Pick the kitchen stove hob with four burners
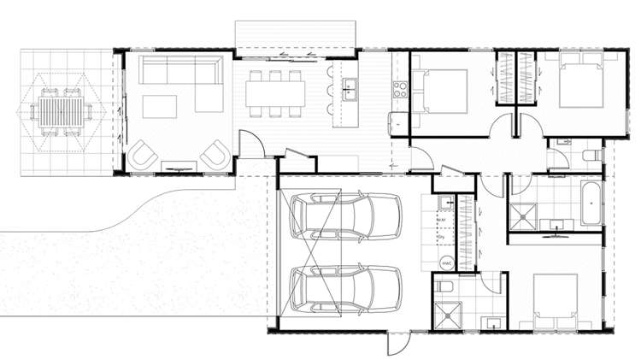coord(400,87)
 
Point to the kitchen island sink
coord(349,86)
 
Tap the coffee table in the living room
coord(159,106)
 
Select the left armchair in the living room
coord(143,155)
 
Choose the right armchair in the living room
coord(215,155)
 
